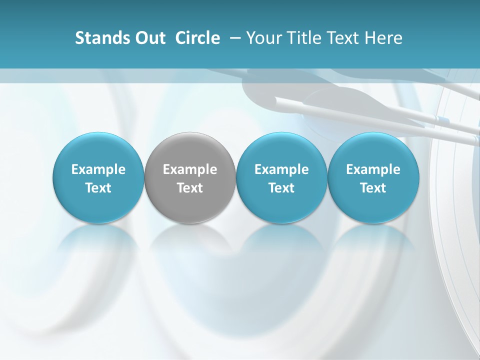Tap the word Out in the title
point(149,38)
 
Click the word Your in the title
point(263,38)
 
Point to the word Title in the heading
point(304,38)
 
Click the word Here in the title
point(384,38)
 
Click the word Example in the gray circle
point(190,170)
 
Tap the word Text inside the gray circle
point(190,188)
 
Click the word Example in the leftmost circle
point(98,170)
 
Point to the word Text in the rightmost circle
point(373,188)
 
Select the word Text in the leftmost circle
point(98,188)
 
